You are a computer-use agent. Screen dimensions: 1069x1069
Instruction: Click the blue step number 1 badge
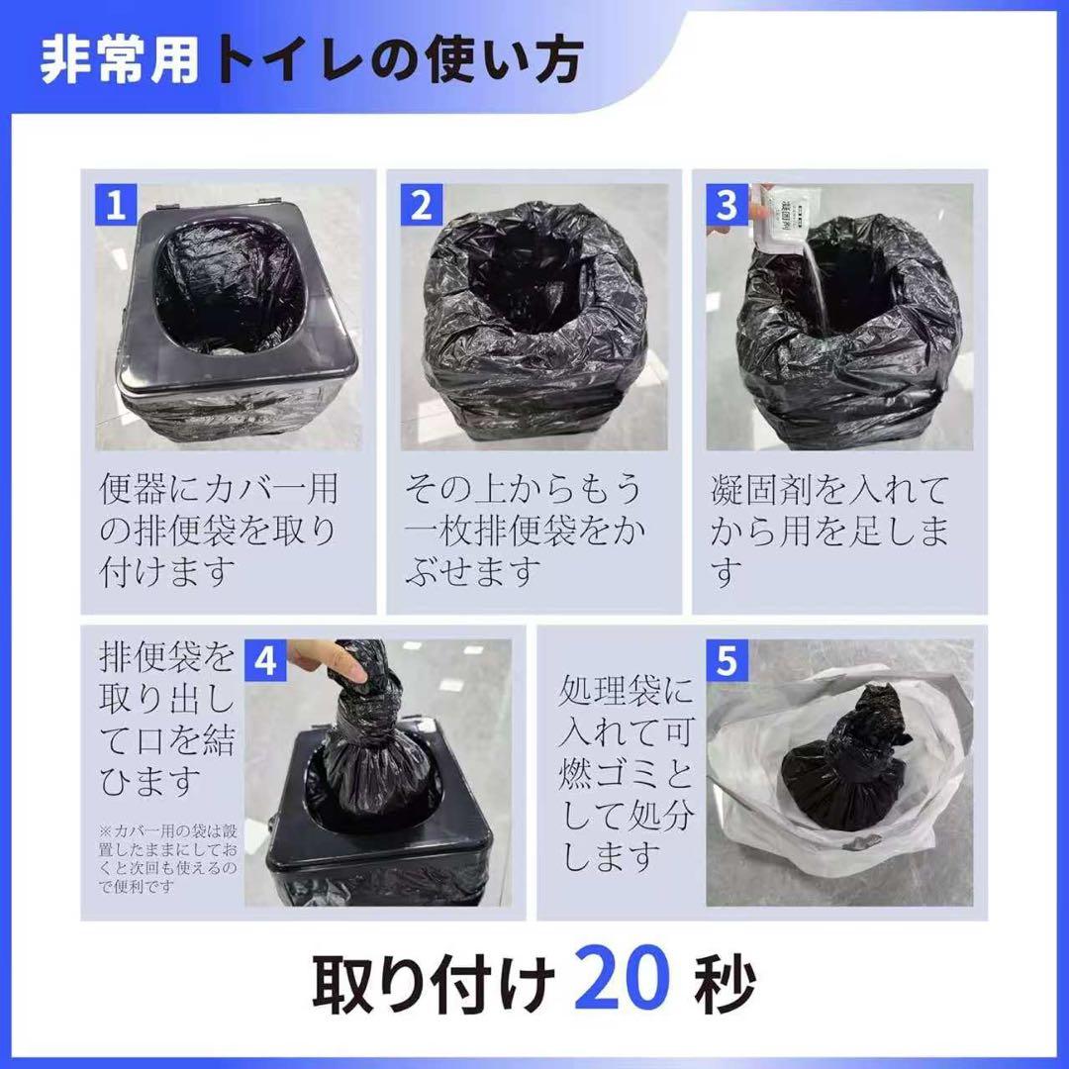pyautogui.click(x=116, y=206)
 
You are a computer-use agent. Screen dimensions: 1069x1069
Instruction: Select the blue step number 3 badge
pyautogui.click(x=727, y=206)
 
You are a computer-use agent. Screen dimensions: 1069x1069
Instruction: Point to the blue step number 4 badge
pyautogui.click(x=265, y=660)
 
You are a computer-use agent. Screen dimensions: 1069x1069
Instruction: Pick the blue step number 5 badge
pyautogui.click(x=727, y=660)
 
